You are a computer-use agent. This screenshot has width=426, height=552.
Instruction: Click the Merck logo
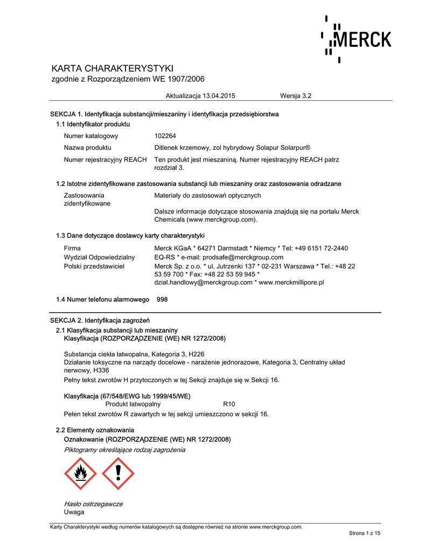click(x=357, y=39)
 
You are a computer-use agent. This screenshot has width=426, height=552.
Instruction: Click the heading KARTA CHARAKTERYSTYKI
click(x=112, y=68)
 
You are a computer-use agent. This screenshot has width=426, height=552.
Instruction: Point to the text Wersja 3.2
click(x=296, y=96)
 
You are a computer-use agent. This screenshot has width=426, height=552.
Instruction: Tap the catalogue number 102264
click(x=165, y=136)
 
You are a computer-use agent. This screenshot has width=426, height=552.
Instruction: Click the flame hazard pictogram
click(x=80, y=473)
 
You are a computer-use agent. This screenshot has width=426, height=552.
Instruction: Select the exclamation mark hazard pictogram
click(x=118, y=473)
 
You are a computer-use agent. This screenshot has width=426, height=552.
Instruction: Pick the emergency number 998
click(x=162, y=299)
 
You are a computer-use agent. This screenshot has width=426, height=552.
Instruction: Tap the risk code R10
click(x=229, y=404)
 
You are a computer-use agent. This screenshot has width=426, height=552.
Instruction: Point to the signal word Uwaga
click(x=74, y=512)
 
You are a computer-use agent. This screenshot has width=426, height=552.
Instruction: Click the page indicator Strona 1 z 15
click(x=365, y=533)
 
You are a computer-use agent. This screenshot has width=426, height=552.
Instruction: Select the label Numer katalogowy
click(x=91, y=136)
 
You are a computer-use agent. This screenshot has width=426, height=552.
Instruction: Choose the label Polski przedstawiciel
click(x=94, y=266)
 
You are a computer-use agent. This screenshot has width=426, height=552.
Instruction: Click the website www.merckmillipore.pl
click(x=291, y=282)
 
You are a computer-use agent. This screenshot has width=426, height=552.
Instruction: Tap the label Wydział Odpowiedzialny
click(x=99, y=257)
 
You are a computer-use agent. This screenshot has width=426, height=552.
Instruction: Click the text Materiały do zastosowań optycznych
click(x=207, y=195)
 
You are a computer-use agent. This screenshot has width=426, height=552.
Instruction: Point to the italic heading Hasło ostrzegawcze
click(x=93, y=504)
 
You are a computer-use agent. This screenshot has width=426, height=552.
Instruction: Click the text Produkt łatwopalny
click(x=133, y=404)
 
